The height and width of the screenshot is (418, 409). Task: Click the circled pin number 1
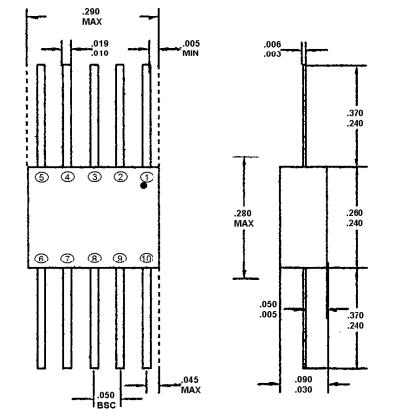pyautogui.click(x=146, y=177)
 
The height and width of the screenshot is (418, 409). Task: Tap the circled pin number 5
pyautogui.click(x=41, y=177)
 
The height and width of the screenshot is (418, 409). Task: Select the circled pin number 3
pyautogui.click(x=94, y=177)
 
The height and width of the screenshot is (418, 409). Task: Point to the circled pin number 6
pyautogui.click(x=41, y=258)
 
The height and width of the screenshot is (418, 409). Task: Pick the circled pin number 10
pyautogui.click(x=147, y=258)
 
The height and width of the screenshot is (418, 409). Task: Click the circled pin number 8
pyautogui.click(x=94, y=258)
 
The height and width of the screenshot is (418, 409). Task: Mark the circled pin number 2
pyautogui.click(x=120, y=177)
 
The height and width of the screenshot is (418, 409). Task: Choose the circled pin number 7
pyautogui.click(x=67, y=258)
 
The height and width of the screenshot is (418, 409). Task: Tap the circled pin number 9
pyautogui.click(x=120, y=258)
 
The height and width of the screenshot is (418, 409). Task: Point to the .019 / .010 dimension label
pyautogui.click(x=99, y=48)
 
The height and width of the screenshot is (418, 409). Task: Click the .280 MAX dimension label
pyautogui.click(x=243, y=217)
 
